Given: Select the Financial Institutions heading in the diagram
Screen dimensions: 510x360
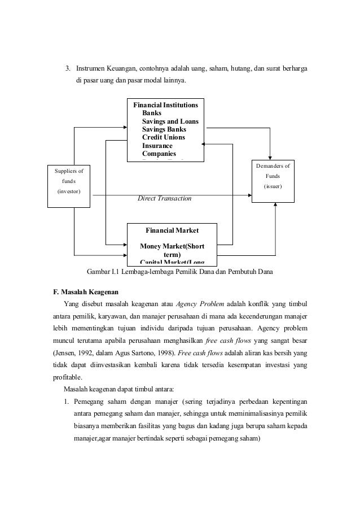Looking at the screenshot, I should point(165,105).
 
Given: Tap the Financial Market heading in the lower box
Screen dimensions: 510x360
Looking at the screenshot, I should point(172,230).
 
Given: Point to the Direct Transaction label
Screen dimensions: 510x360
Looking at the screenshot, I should point(165,199).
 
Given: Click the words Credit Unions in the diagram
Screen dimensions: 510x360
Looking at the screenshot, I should point(164,137).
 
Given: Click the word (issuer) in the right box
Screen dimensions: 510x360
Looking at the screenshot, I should point(275,186).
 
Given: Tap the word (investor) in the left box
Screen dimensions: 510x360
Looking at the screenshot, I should point(69,192).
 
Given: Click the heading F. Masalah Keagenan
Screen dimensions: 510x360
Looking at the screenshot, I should point(85,291).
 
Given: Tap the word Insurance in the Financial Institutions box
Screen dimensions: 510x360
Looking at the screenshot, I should point(157,145).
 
